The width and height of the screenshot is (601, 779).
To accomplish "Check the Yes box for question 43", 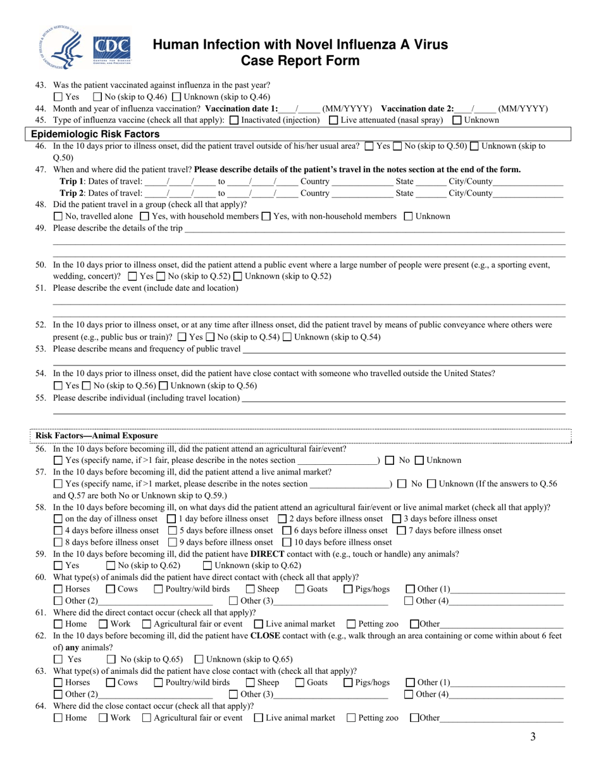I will pos(58,97).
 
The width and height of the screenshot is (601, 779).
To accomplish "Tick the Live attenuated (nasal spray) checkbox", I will pos(333,120).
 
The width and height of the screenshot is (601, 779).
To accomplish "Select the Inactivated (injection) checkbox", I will pos(234,120).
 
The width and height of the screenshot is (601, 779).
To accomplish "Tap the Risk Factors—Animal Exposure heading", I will pos(97,436).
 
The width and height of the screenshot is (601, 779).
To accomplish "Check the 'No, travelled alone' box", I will pos(58,217).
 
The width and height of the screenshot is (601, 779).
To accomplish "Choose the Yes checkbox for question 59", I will pos(58,566).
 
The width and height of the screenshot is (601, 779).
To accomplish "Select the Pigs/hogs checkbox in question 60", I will pos(349,590).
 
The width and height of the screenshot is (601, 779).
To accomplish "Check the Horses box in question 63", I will pos(58,683).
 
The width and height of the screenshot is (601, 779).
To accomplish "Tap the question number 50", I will pos(40,265).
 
